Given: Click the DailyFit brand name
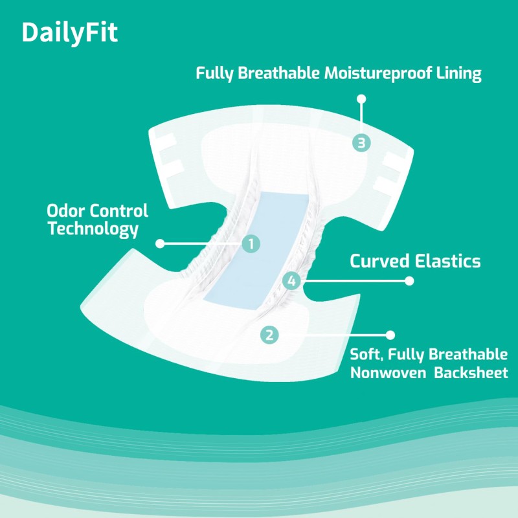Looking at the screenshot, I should pyautogui.click(x=70, y=33).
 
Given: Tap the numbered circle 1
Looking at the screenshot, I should pyautogui.click(x=251, y=243).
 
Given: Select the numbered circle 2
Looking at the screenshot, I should pyautogui.click(x=269, y=335).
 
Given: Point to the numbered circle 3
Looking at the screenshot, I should pyautogui.click(x=361, y=143).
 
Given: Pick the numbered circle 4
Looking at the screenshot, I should pyautogui.click(x=291, y=281).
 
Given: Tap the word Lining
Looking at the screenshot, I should pyautogui.click(x=458, y=73).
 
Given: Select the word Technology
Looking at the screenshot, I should pyautogui.click(x=93, y=229).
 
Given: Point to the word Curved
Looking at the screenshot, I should pyautogui.click(x=378, y=262).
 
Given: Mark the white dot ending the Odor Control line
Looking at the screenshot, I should pyautogui.click(x=160, y=243).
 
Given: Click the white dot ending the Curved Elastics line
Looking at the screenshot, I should pyautogui.click(x=409, y=281).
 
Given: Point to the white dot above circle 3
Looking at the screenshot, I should pyautogui.click(x=361, y=99).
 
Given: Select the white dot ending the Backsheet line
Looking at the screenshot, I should pyautogui.click(x=390, y=335).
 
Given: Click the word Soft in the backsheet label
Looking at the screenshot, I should pyautogui.click(x=365, y=355).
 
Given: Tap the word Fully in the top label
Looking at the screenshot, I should pyautogui.click(x=215, y=73).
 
